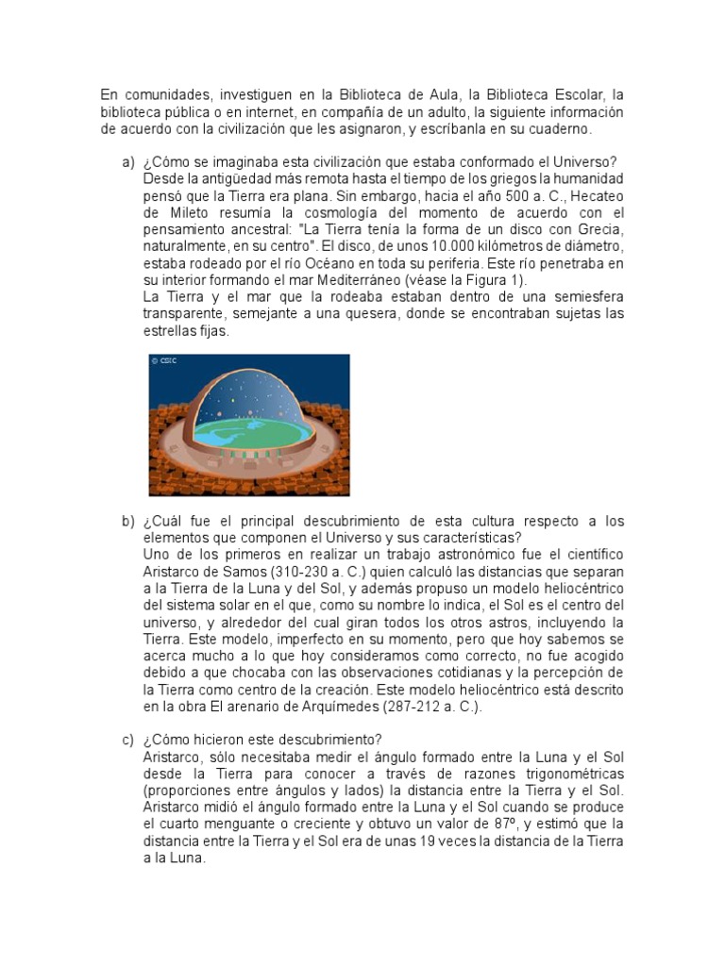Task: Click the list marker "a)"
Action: [x=127, y=162]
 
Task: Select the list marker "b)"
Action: [x=127, y=522]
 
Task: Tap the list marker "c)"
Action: [x=127, y=740]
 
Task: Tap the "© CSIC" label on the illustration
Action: [x=163, y=360]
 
